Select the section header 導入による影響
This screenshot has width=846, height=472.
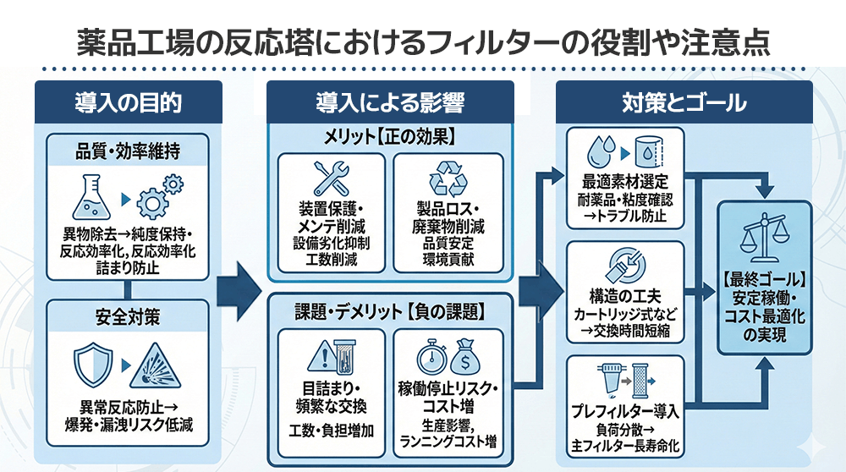tap(390, 103)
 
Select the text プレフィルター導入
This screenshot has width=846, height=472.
tap(626, 412)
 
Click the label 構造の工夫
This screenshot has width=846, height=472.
tap(626, 296)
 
